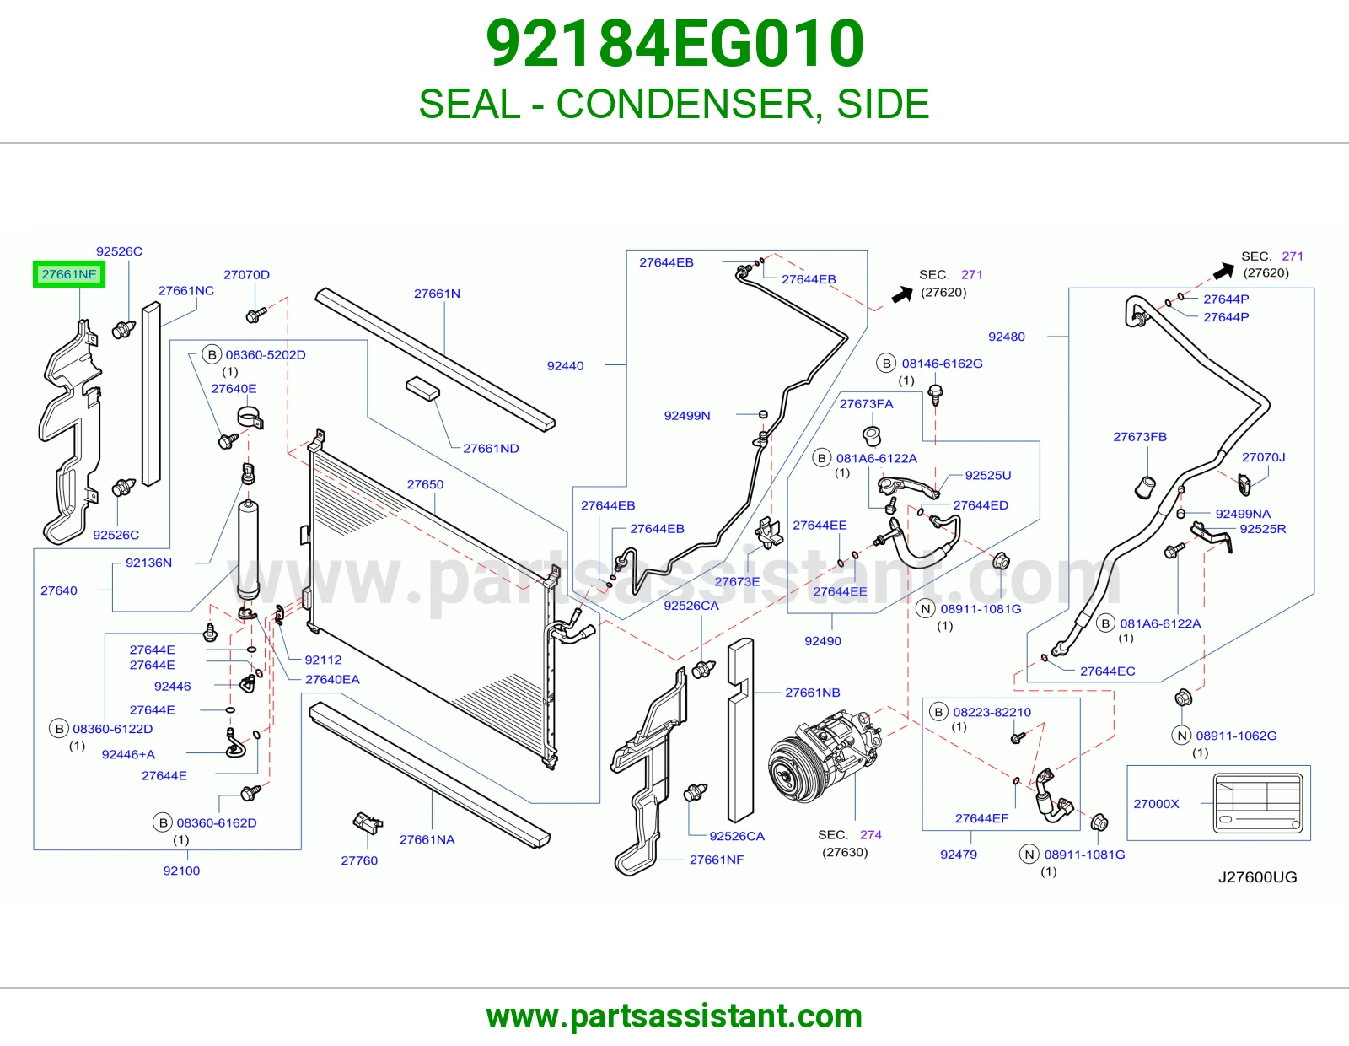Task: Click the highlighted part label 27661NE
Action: pyautogui.click(x=69, y=274)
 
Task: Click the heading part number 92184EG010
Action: pyautogui.click(x=674, y=44)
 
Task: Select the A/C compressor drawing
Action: pyautogui.click(x=824, y=757)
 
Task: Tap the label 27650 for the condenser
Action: pyautogui.click(x=425, y=484)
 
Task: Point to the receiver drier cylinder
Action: pyautogui.click(x=249, y=549)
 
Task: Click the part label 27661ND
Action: pyautogui.click(x=491, y=448)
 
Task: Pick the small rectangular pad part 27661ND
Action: pyautogui.click(x=422, y=388)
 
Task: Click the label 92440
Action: pyautogui.click(x=565, y=366)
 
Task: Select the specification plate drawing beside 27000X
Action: pyautogui.click(x=1258, y=802)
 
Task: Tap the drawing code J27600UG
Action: pyautogui.click(x=1257, y=876)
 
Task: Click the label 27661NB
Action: pyautogui.click(x=813, y=692)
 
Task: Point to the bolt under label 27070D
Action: pyautogui.click(x=255, y=315)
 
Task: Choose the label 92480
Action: pyautogui.click(x=1007, y=337)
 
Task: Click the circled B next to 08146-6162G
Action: pyautogui.click(x=886, y=364)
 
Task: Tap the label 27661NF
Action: pyautogui.click(x=717, y=859)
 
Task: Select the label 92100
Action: pyautogui.click(x=181, y=871)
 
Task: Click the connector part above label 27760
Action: pyautogui.click(x=368, y=823)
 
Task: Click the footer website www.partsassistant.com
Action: pyautogui.click(x=674, y=1016)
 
